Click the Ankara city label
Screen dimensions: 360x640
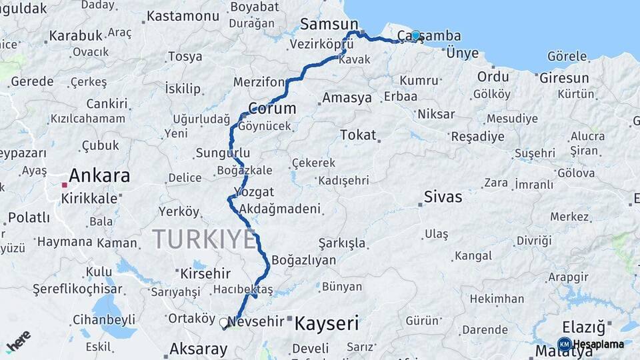tap(99, 176)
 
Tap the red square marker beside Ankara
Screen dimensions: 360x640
tap(64, 185)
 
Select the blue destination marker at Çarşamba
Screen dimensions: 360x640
tap(415, 35)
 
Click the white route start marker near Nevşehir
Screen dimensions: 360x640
tap(224, 323)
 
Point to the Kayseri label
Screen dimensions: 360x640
tap(327, 324)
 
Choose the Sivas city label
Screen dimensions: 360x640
tap(443, 197)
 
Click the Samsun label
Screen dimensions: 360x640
tap(329, 25)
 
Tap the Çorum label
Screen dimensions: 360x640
tap(272, 108)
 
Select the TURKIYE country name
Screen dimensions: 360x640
tap(204, 239)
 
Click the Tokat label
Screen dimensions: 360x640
tap(358, 135)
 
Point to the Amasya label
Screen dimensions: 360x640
tap(347, 98)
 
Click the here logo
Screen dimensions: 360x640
tap(18, 341)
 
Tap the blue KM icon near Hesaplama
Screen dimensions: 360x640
tap(564, 344)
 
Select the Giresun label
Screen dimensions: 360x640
tap(564, 78)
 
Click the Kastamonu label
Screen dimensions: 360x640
tap(183, 15)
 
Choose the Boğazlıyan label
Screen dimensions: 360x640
tap(304, 260)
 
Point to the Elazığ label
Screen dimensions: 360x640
tap(583, 327)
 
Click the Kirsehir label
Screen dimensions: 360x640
tap(205, 273)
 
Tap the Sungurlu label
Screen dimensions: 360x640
tap(223, 153)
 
